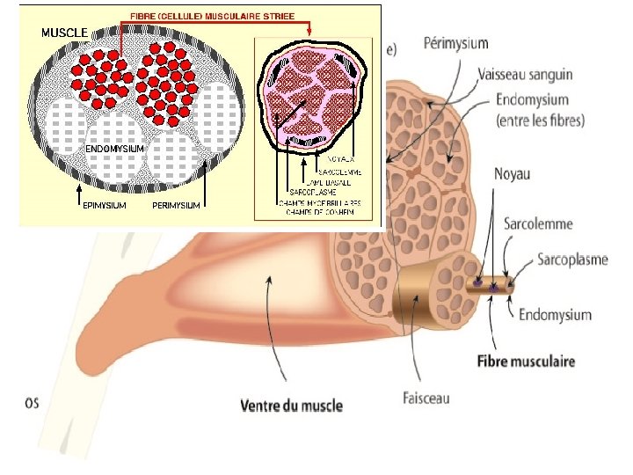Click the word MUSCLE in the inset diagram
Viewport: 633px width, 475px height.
64,33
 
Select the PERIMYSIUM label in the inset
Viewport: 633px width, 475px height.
176,205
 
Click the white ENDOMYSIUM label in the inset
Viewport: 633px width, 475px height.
115,149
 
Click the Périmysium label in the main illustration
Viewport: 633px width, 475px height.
456,43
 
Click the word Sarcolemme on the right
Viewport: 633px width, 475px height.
538,223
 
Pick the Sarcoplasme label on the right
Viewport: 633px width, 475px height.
572,260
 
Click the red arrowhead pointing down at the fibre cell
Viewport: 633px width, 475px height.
309,33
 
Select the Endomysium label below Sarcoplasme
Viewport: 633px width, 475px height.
556,314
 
